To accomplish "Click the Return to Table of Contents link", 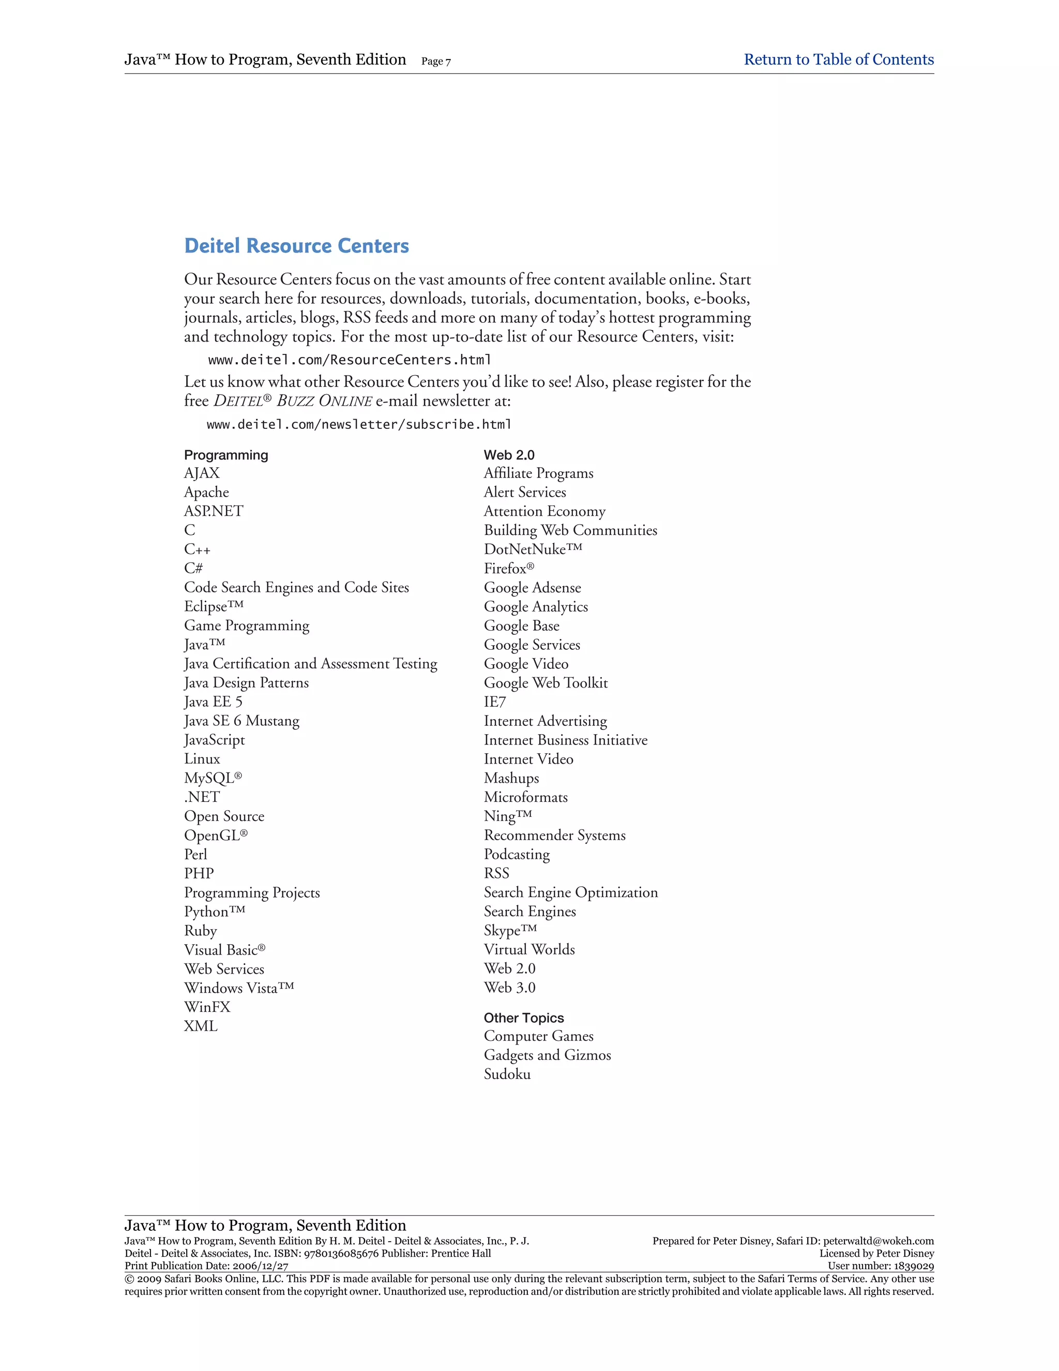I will (838, 59).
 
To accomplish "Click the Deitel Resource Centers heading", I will (296, 246).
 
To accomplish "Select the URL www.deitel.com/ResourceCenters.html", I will (350, 360).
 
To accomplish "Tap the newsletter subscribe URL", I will (359, 424).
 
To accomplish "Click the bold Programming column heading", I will (226, 455).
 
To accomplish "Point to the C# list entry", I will (193, 568).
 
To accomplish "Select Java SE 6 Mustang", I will (241, 721).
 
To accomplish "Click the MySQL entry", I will (213, 778).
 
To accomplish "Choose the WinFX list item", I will (207, 1007).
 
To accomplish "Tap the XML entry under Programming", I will (201, 1026).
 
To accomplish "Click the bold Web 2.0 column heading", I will (509, 455).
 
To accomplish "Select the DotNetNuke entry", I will (533, 549).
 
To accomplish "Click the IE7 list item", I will (494, 702).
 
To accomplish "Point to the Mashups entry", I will (511, 778).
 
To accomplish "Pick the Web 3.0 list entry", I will (509, 988).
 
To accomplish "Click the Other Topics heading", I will (523, 1018).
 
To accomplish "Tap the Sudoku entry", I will (507, 1074).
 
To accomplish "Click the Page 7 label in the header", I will (436, 62).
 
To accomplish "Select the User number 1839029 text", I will (880, 1266).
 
